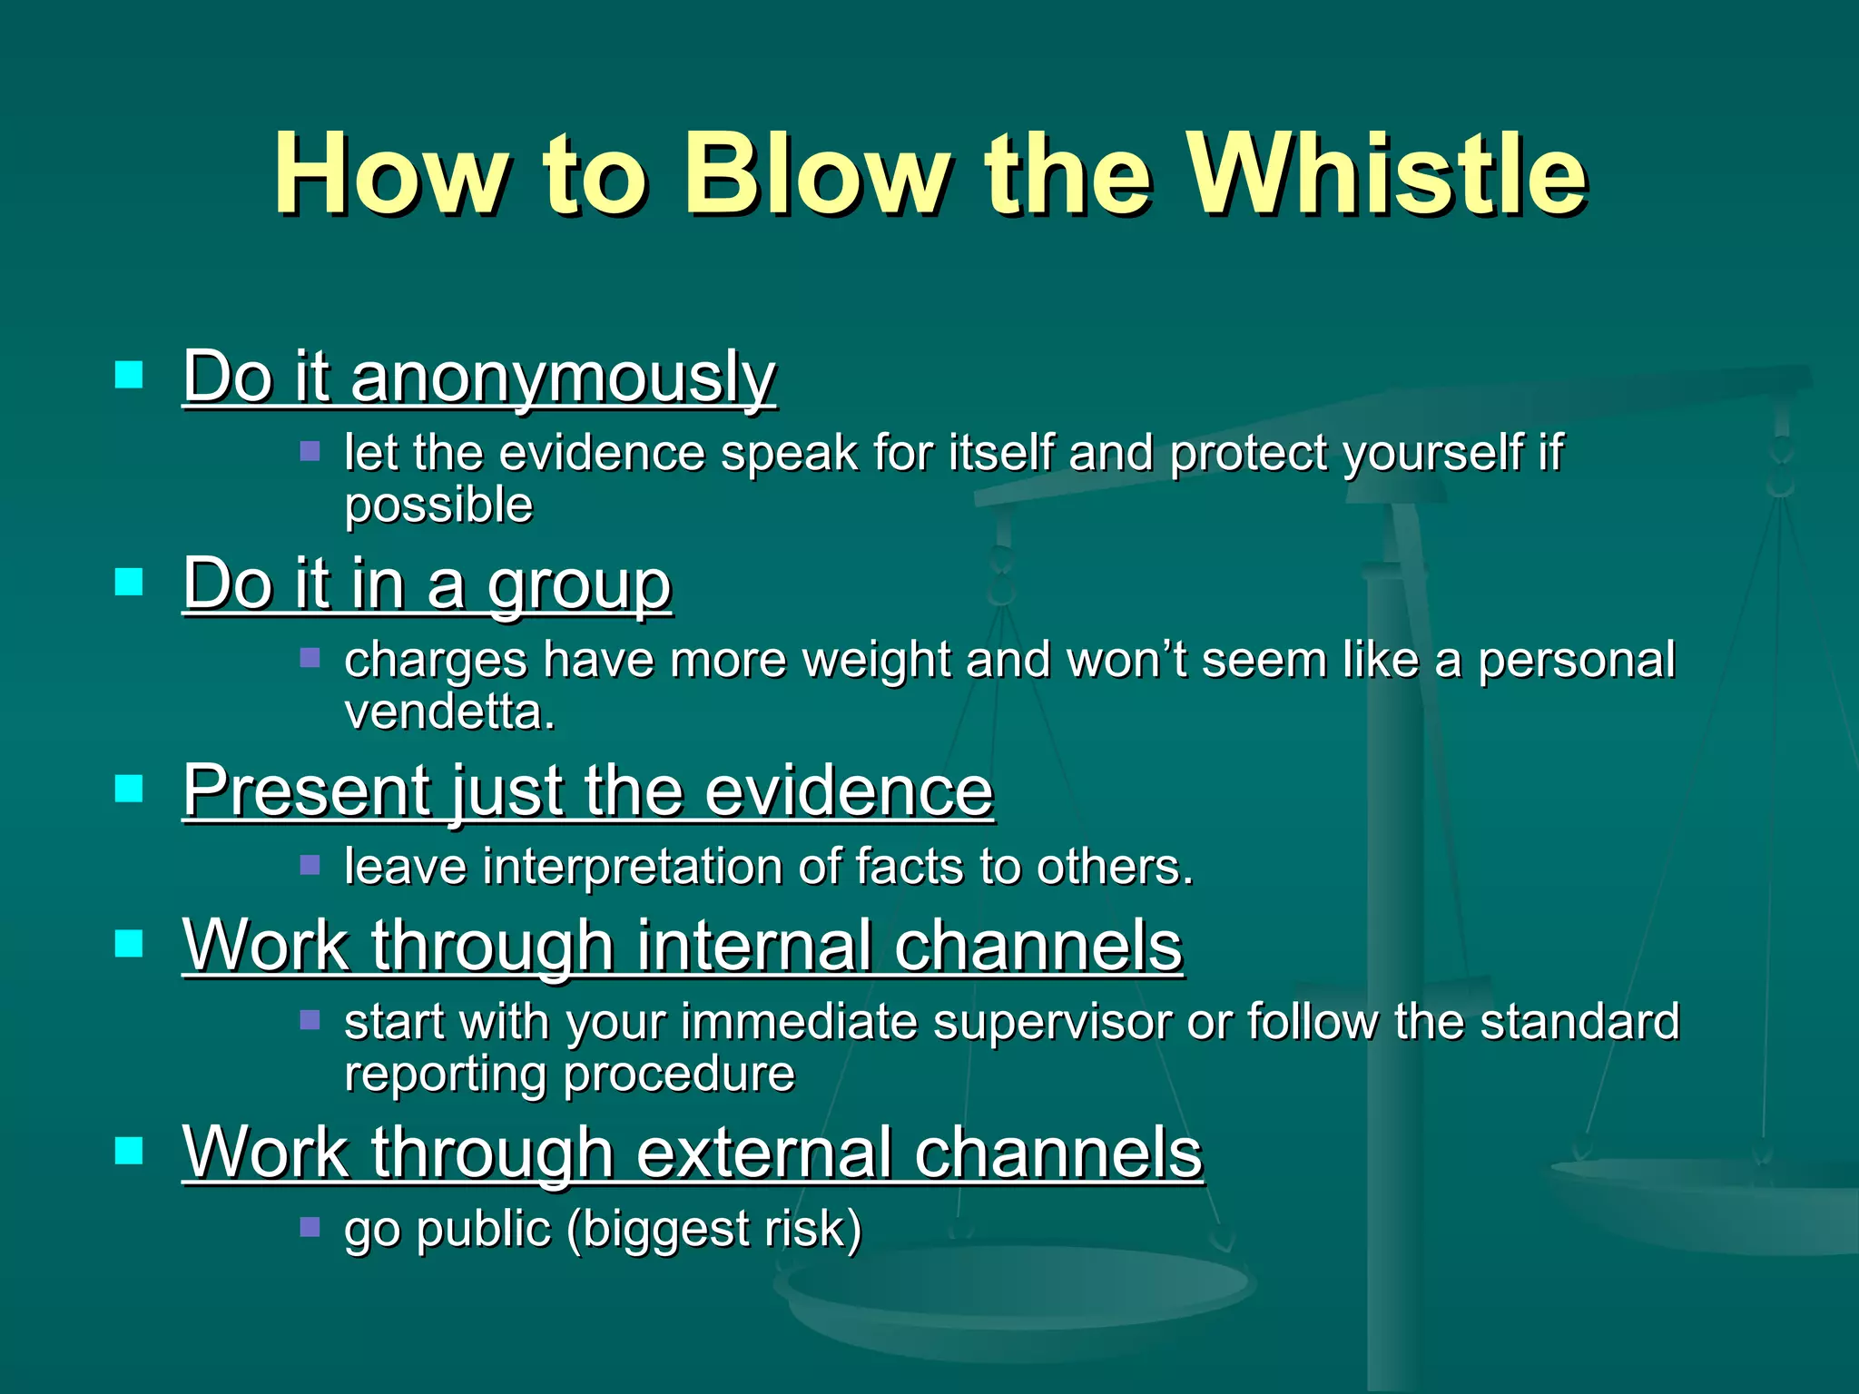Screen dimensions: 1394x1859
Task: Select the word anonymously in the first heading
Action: tap(563, 378)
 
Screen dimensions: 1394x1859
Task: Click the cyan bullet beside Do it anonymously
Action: tap(130, 374)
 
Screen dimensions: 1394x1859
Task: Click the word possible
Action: tap(438, 506)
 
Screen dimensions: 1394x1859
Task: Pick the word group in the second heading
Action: tap(579, 584)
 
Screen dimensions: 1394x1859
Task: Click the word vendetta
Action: tap(449, 712)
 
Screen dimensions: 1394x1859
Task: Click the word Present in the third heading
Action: tap(306, 790)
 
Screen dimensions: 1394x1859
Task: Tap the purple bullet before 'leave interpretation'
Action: tap(310, 864)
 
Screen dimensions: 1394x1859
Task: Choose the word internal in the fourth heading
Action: tap(753, 946)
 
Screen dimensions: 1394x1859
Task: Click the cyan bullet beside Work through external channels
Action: tap(130, 1150)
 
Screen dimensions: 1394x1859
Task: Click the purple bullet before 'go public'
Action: tap(310, 1227)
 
